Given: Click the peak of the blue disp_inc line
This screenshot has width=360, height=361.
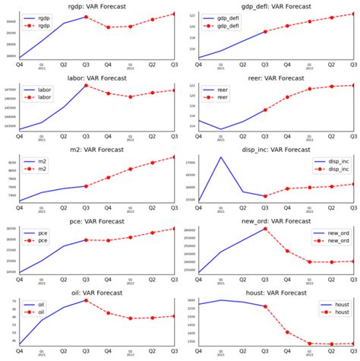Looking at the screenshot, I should point(220,157).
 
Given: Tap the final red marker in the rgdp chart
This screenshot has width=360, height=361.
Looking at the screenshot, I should point(174,14).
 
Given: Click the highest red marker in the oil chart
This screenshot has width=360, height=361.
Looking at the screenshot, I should point(86,300).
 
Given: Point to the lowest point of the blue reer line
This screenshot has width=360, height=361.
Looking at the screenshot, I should point(220,129).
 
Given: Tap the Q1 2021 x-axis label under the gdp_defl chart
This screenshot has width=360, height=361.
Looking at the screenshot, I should point(221,65).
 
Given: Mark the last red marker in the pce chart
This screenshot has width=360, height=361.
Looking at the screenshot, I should point(174,229).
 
